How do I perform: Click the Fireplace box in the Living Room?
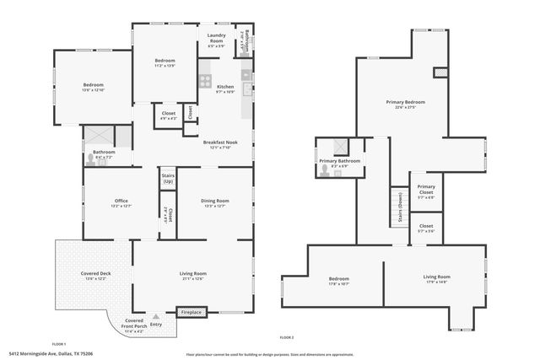coord(192,312)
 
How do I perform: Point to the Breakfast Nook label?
coord(220,144)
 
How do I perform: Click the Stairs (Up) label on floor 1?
coord(167,179)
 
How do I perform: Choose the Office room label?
coord(121,202)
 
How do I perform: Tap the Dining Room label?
coord(213,202)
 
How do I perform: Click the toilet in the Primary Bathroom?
coord(326,167)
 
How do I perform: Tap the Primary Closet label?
coord(425,192)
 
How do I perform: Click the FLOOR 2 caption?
coord(287,336)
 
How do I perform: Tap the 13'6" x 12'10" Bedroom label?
coord(94,87)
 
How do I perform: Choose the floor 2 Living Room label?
coord(436,279)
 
